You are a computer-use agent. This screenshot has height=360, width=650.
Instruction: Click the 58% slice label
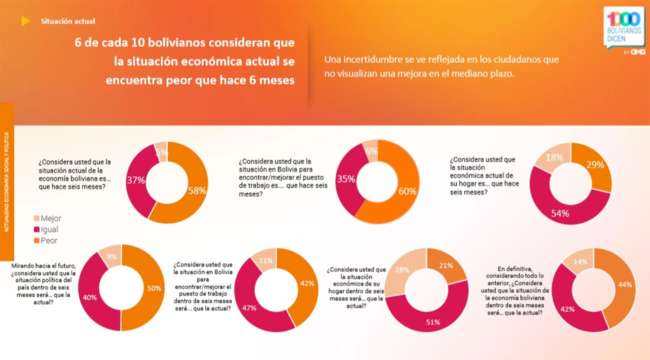coord(197,191)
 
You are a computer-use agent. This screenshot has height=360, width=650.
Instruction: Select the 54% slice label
coord(560,213)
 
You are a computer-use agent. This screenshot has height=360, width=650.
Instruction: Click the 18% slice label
coord(554,157)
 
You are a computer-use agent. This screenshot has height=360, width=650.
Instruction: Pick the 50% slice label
coord(154,288)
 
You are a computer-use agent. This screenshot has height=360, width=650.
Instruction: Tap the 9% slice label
coord(112,256)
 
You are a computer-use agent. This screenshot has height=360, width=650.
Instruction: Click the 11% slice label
coord(266,260)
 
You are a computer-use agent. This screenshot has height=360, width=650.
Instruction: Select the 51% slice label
coord(433,322)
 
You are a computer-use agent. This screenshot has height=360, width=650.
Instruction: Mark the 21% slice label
coord(446,265)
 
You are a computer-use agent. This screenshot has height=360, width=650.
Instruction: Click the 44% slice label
coord(625,285)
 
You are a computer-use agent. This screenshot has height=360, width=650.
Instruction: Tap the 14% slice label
coord(580,262)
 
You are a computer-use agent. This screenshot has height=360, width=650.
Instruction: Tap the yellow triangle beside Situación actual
coord(26,21)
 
